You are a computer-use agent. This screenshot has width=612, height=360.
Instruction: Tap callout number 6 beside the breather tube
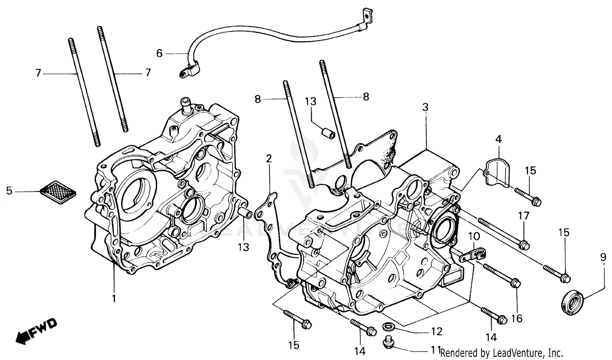(x=159, y=53)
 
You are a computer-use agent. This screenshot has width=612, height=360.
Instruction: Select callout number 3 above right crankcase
(x=426, y=108)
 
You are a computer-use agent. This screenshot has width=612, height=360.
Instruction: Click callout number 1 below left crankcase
(x=114, y=298)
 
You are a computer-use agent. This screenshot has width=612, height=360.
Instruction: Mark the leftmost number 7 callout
(x=38, y=73)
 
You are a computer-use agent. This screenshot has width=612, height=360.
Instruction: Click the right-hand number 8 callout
(x=366, y=97)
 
